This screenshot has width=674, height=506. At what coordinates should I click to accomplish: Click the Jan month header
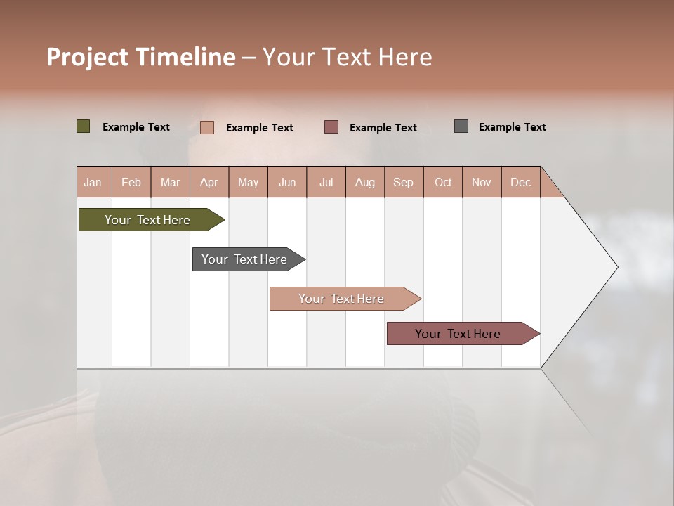tap(93, 182)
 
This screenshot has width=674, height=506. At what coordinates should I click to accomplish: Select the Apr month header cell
tap(209, 182)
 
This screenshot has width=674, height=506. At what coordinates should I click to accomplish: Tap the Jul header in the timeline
tap(326, 182)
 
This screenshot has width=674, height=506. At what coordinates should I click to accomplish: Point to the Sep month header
tap(403, 182)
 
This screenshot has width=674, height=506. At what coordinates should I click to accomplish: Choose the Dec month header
tap(520, 182)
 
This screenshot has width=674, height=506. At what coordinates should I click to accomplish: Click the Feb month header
tap(131, 182)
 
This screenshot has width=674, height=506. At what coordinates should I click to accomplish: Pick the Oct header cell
tap(443, 182)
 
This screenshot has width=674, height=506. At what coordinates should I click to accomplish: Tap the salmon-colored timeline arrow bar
tap(342, 299)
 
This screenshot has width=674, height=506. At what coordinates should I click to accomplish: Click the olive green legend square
tap(84, 126)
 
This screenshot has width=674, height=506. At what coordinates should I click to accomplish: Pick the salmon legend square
tap(207, 127)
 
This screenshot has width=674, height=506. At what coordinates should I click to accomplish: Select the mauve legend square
tap(331, 127)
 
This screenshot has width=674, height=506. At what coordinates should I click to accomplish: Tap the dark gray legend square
tap(461, 126)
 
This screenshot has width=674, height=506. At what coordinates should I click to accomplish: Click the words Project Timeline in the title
tap(141, 57)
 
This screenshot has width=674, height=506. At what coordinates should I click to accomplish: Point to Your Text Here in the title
tap(347, 57)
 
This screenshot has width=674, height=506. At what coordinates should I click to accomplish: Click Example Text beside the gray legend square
tap(512, 127)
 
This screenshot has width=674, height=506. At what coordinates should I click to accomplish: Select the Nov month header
tap(482, 182)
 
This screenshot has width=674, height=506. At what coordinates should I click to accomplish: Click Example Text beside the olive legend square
tap(136, 127)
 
